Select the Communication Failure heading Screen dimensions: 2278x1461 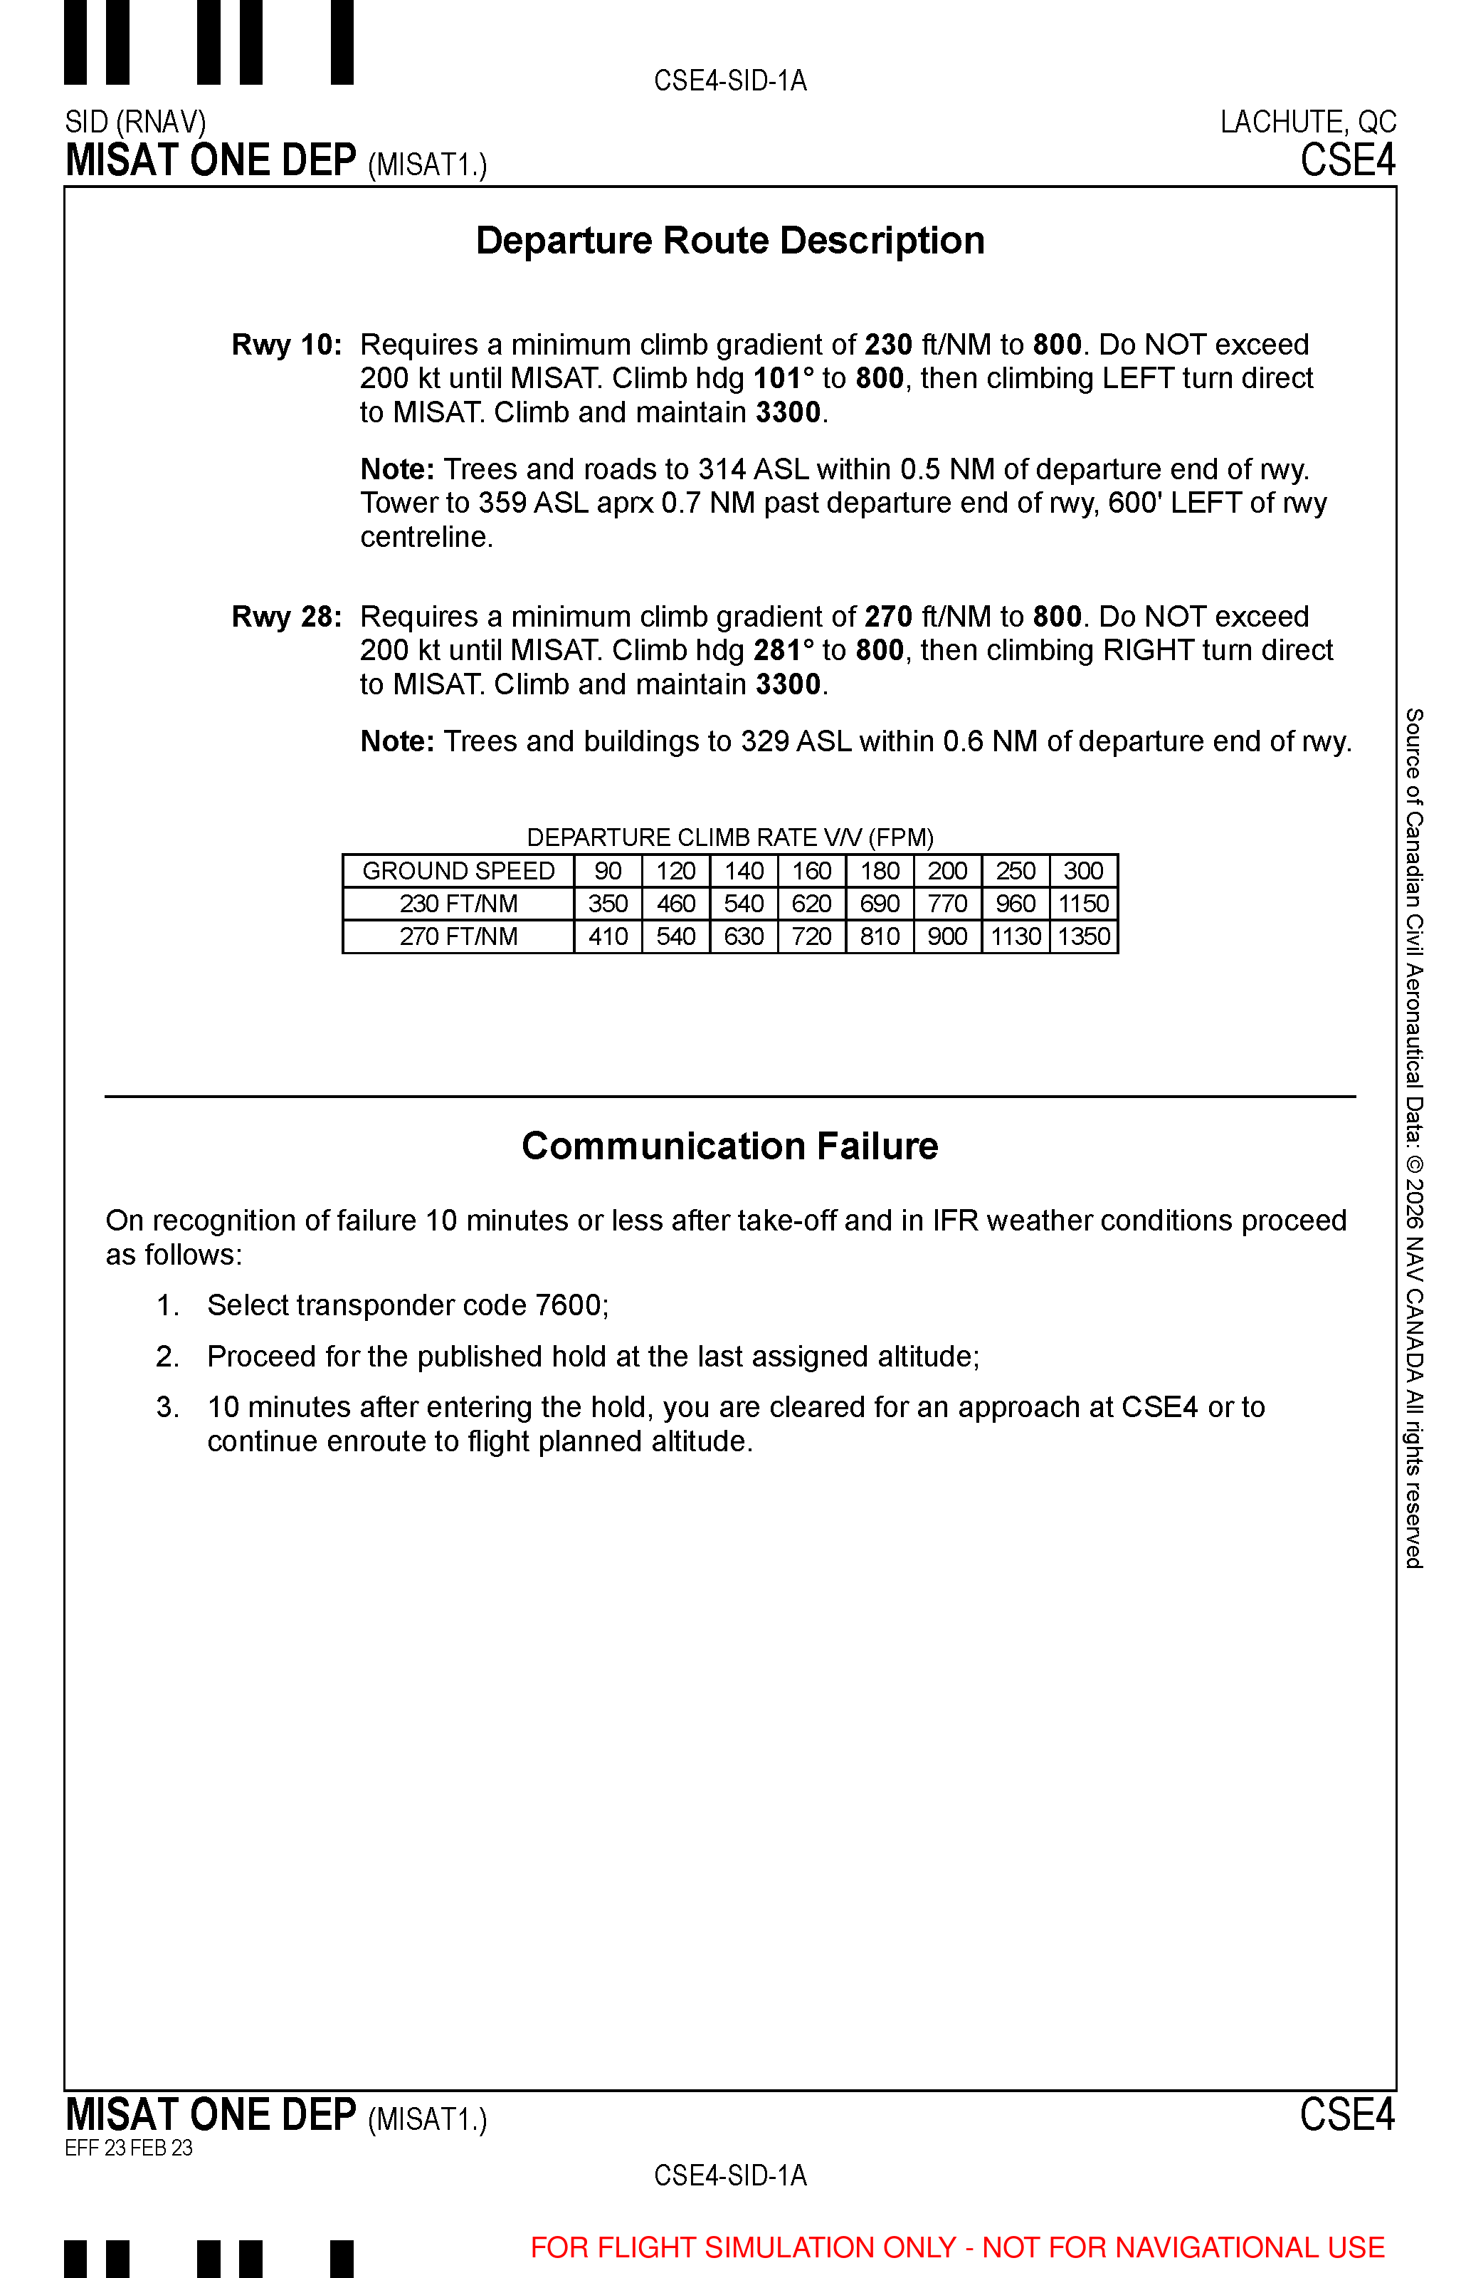point(729,1146)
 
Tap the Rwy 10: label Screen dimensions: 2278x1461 point(287,345)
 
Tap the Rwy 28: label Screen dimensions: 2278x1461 point(287,617)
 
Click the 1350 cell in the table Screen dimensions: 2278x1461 point(1083,937)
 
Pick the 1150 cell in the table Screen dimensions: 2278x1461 point(1083,904)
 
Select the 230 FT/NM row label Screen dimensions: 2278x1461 point(458,904)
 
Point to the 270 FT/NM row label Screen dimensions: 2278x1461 point(458,937)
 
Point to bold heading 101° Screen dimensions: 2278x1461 point(784,379)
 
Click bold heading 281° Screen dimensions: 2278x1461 point(784,650)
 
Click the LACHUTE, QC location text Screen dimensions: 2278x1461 point(1307,122)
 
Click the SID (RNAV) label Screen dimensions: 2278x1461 point(136,122)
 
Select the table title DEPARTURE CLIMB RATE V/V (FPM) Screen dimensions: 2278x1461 point(729,837)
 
